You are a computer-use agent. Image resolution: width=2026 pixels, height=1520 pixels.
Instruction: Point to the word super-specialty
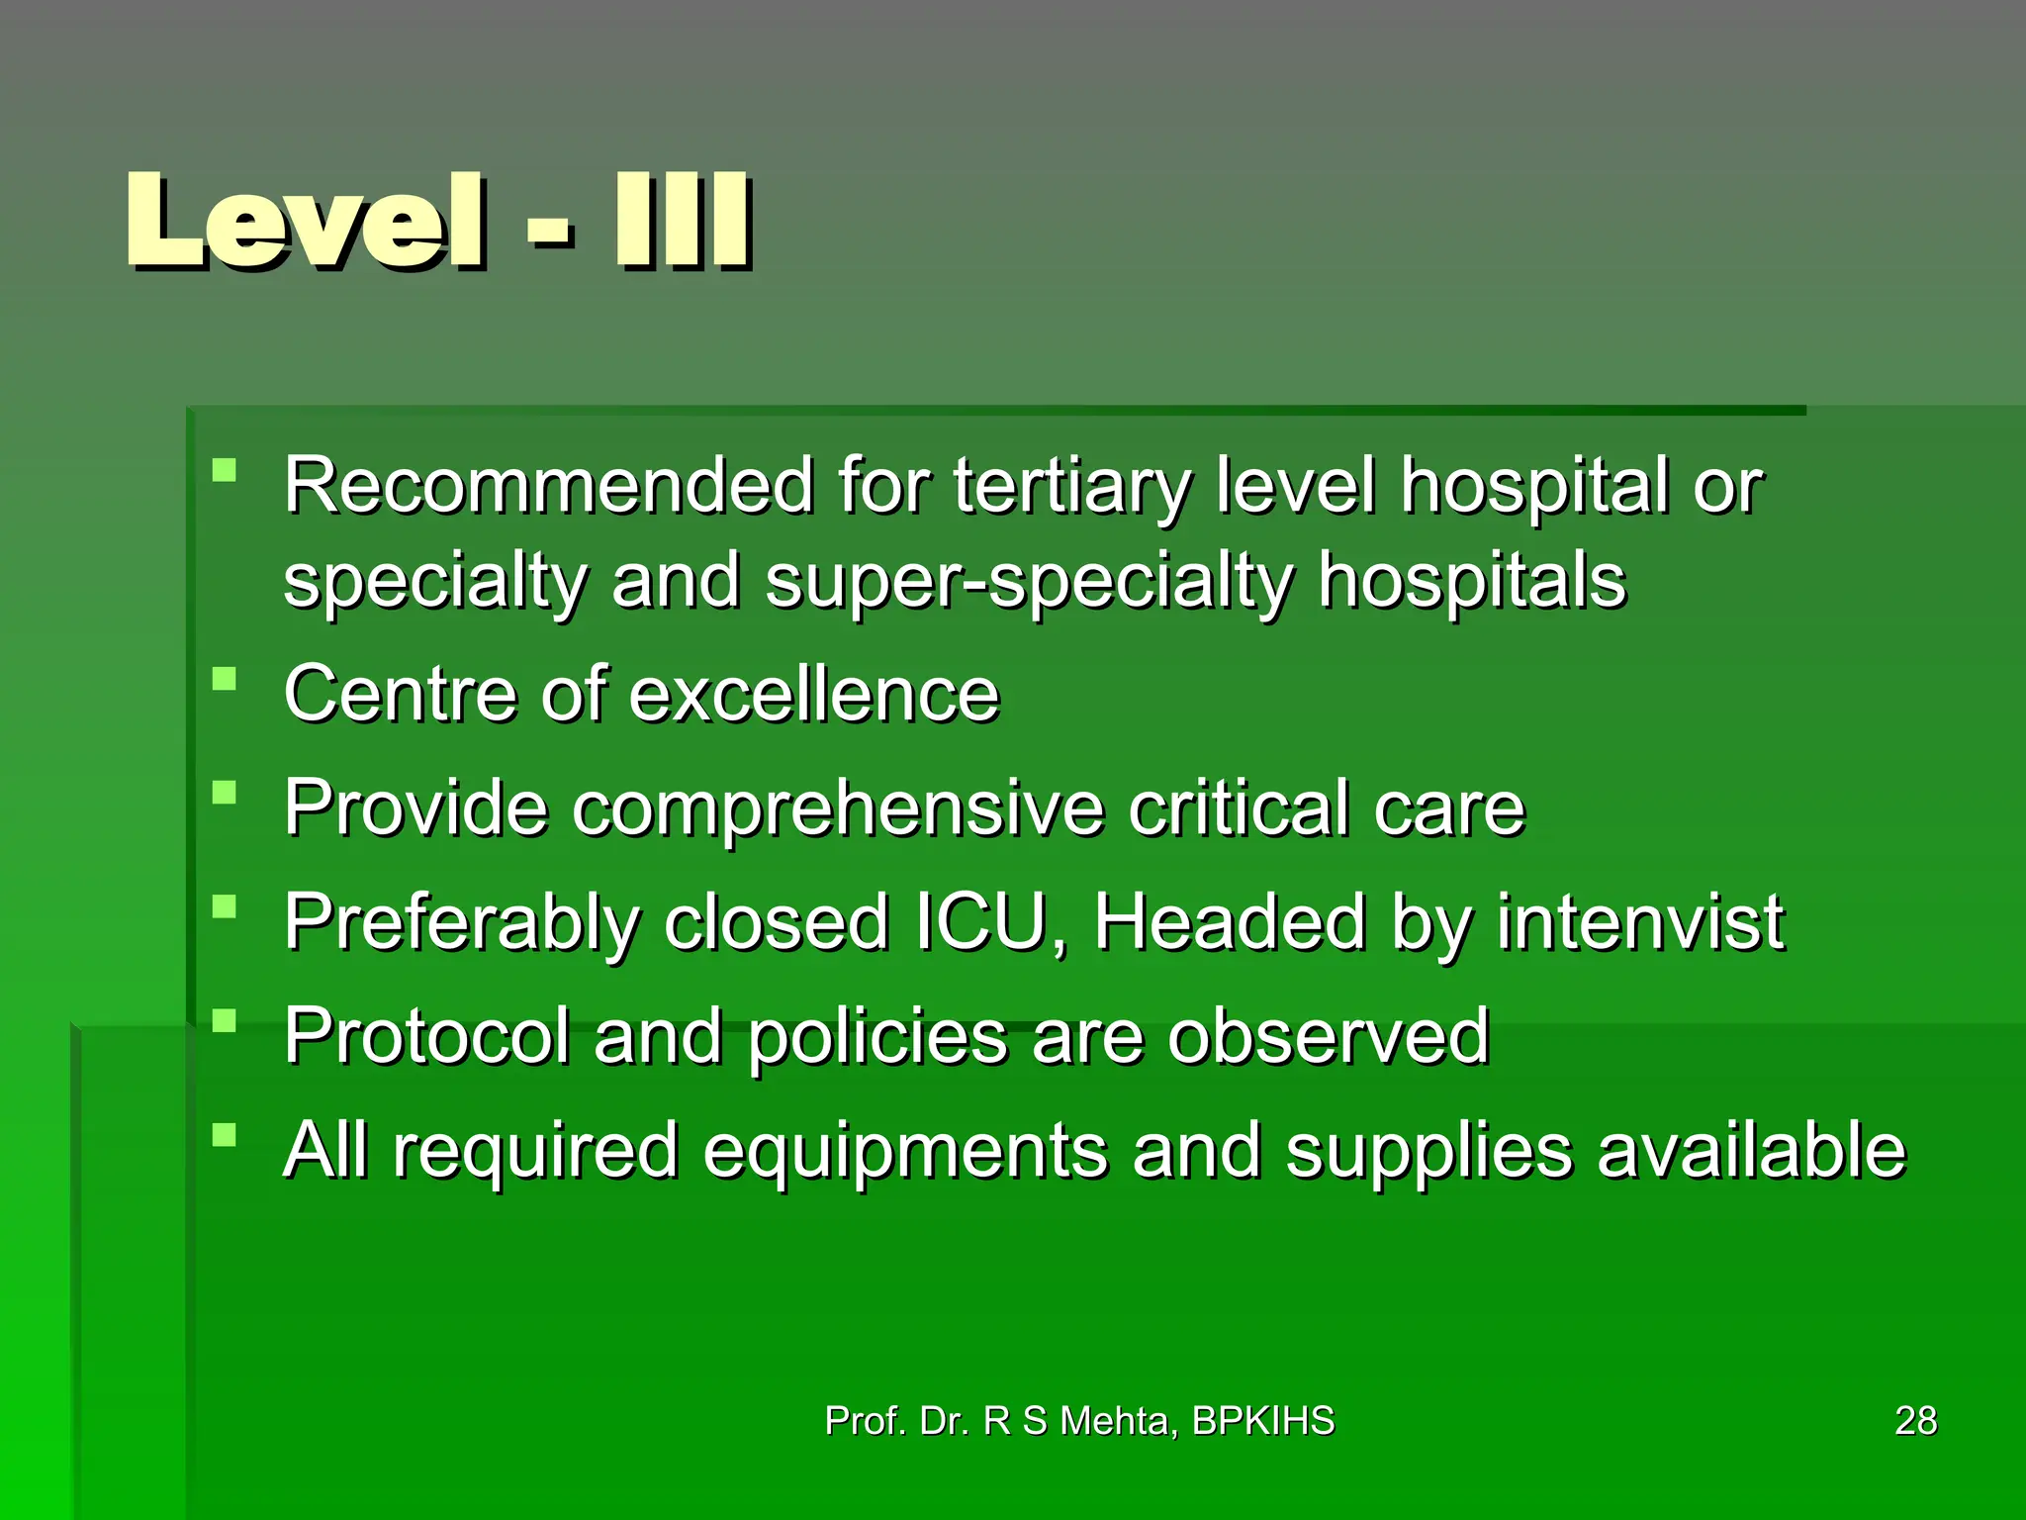(1029, 582)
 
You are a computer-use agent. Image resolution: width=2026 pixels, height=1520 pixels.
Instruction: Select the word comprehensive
(837, 808)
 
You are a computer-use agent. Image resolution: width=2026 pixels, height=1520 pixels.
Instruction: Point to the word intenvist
(1639, 922)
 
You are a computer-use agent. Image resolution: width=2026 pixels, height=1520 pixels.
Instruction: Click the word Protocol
(427, 1037)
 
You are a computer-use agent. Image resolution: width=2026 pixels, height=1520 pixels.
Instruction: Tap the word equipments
(904, 1152)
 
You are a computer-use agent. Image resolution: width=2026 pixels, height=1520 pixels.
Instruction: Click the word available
(1751, 1151)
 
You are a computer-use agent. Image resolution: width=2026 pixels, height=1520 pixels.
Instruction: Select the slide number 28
(1915, 1421)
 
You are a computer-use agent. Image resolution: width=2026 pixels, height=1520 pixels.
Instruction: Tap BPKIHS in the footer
(1263, 1421)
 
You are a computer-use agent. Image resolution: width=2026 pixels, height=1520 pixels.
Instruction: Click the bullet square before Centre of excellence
(225, 679)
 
